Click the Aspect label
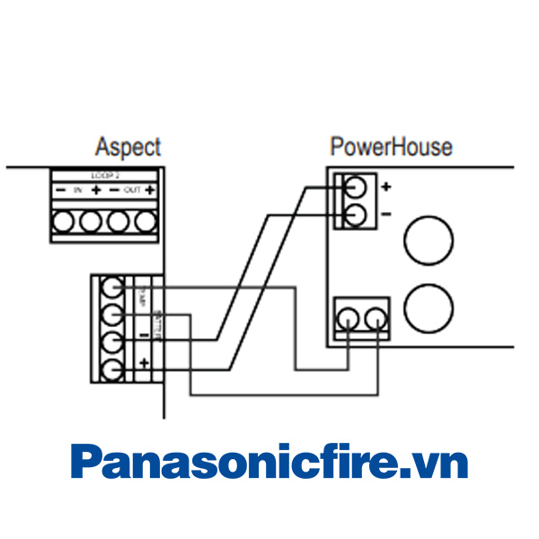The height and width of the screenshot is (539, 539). click(x=128, y=147)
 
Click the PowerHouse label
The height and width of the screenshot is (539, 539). click(x=391, y=146)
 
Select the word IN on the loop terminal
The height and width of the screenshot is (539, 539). click(x=77, y=190)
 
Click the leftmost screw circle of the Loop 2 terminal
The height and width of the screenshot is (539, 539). click(x=63, y=220)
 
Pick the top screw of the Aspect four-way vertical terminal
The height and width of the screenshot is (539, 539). click(x=111, y=288)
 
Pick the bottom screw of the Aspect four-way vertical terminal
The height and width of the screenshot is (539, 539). click(x=111, y=368)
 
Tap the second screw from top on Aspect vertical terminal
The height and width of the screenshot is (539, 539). click(x=111, y=314)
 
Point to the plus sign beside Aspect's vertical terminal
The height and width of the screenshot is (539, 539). click(x=144, y=363)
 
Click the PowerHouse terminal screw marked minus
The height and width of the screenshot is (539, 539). click(x=355, y=214)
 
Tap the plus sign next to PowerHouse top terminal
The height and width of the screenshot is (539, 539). click(x=385, y=188)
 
